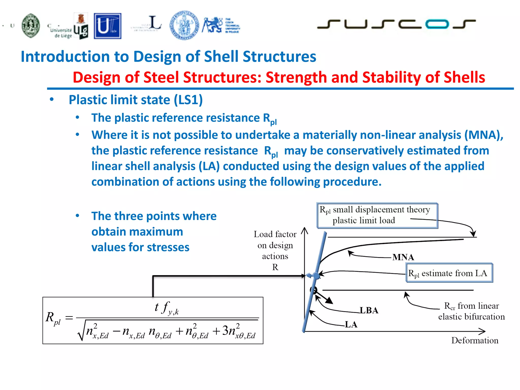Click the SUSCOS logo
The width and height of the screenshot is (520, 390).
pyautogui.click(x=396, y=24)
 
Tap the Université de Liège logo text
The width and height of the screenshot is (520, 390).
pyautogui.click(x=60, y=32)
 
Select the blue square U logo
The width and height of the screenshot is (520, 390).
pyautogui.click(x=107, y=26)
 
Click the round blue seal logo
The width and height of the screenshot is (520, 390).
pyautogui.click(x=184, y=25)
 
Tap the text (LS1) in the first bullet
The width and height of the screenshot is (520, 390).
pyautogui.click(x=188, y=100)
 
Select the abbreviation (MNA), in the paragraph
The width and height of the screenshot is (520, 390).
pyautogui.click(x=484, y=135)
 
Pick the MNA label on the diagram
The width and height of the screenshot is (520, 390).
pyautogui.click(x=403, y=257)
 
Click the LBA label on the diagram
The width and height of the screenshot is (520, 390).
pyautogui.click(x=369, y=310)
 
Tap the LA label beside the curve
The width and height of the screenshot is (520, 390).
pyautogui.click(x=351, y=324)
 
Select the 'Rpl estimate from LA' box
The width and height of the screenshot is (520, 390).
pyautogui.click(x=449, y=273)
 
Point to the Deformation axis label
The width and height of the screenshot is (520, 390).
pyautogui.click(x=475, y=340)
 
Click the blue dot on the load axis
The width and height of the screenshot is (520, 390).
pyautogui.click(x=316, y=276)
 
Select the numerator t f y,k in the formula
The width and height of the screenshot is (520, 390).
pyautogui.click(x=167, y=308)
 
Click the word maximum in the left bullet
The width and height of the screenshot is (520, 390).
pyautogui.click(x=137, y=232)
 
